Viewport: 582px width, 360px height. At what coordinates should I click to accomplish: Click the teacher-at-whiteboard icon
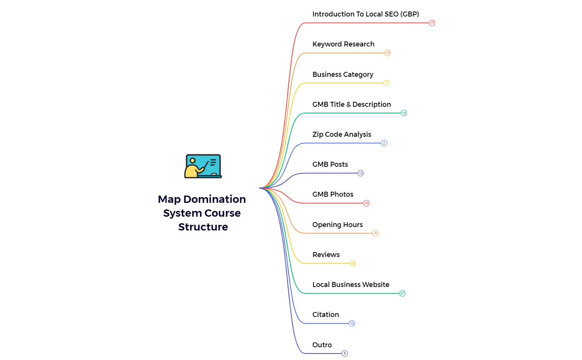click(203, 166)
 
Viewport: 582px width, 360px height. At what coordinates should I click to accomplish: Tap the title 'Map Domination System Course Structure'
click(202, 213)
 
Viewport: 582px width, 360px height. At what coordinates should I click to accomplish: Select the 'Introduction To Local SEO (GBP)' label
click(366, 14)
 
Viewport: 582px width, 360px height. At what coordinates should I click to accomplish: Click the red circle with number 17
click(432, 23)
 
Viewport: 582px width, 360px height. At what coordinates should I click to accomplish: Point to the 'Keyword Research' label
click(343, 44)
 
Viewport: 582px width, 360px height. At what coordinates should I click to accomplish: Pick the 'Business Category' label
click(343, 74)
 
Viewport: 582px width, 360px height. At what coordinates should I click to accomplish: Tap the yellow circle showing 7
click(386, 83)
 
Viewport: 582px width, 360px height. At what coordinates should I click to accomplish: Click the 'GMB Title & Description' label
click(351, 105)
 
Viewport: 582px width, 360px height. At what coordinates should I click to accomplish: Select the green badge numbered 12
click(404, 113)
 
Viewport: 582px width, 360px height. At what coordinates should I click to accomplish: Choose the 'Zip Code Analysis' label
click(342, 134)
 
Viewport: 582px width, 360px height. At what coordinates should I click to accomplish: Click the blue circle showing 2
click(384, 143)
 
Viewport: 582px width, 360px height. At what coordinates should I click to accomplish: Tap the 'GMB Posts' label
click(330, 164)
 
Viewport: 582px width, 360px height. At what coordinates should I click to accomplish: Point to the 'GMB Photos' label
click(333, 194)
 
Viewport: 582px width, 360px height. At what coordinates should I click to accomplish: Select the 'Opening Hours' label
click(338, 224)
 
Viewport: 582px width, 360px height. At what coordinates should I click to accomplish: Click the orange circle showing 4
click(376, 233)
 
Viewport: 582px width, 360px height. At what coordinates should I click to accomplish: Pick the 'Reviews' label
click(326, 255)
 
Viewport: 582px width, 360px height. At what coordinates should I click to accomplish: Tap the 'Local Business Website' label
click(351, 285)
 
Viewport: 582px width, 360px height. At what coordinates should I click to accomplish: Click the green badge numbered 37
click(402, 294)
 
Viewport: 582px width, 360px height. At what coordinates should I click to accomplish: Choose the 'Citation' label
click(326, 315)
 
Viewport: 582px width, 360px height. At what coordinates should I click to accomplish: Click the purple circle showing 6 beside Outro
click(345, 353)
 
